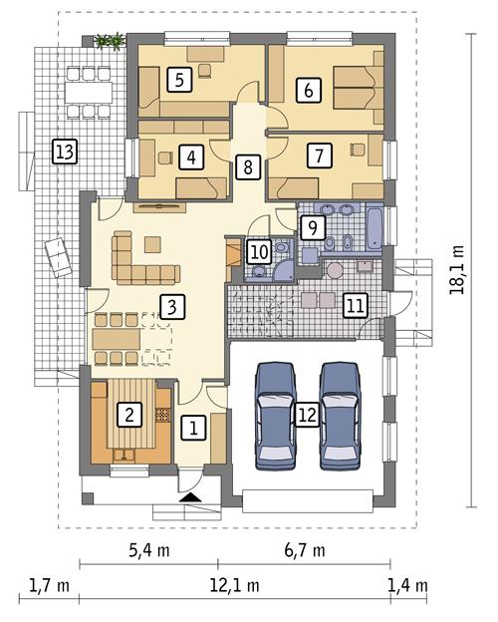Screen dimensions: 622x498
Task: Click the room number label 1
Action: (194, 429)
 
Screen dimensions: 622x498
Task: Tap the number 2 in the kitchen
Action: (127, 412)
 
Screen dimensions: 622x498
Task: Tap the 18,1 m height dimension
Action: (459, 270)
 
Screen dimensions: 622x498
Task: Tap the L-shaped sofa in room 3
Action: (139, 261)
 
